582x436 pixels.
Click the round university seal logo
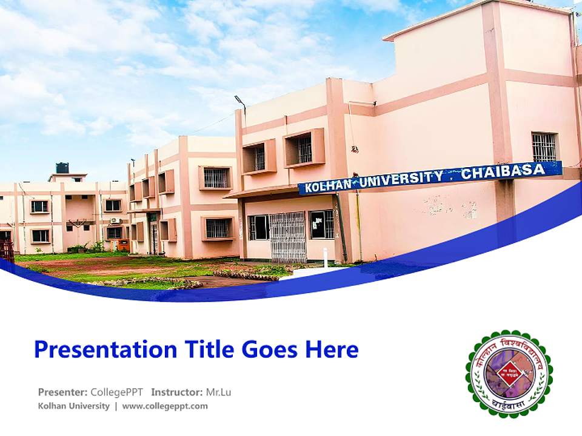click(509, 374)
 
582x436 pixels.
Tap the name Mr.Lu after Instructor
click(218, 392)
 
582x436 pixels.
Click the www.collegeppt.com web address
click(165, 406)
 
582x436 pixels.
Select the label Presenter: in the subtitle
click(63, 392)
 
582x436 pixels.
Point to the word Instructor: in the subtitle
click(177, 392)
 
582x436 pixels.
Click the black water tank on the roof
click(62, 168)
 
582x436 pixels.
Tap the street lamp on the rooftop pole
click(239, 101)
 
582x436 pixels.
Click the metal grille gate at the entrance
click(287, 237)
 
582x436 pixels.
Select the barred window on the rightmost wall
click(544, 147)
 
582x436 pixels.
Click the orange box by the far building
click(123, 245)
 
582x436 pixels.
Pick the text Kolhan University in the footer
click(73, 406)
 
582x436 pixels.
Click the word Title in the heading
click(210, 349)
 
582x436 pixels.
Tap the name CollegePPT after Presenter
click(117, 392)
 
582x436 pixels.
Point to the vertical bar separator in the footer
click(116, 406)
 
